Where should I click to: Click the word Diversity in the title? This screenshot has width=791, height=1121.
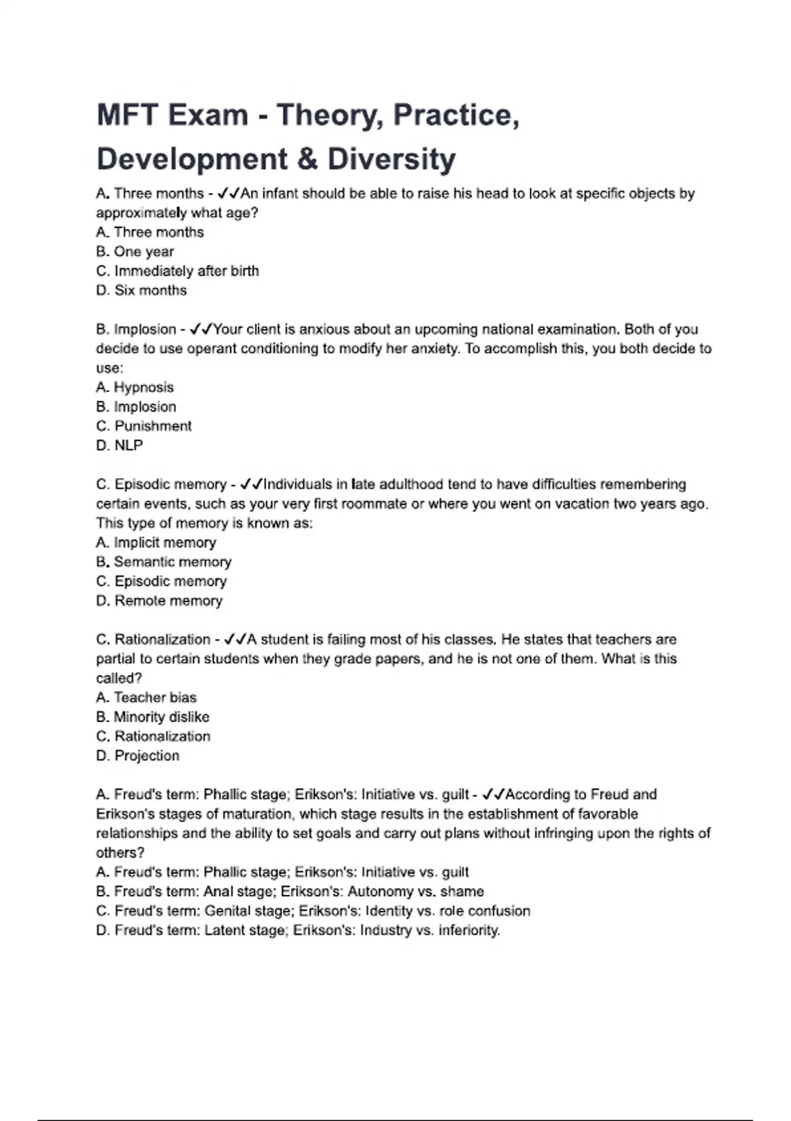click(x=392, y=159)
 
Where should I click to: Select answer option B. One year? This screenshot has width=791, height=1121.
click(x=135, y=251)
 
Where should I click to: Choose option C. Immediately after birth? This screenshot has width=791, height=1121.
click(x=177, y=271)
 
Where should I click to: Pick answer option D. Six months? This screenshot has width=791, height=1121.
click(x=142, y=290)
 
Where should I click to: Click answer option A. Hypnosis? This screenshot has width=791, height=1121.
click(x=135, y=387)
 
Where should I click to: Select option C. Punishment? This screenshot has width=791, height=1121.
click(x=144, y=426)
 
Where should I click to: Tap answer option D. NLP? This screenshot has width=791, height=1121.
click(x=119, y=445)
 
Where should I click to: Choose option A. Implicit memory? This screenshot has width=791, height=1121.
click(x=156, y=542)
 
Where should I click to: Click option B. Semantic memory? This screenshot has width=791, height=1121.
click(x=163, y=562)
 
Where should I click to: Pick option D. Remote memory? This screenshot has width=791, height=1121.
click(x=160, y=601)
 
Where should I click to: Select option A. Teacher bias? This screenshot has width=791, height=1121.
click(x=146, y=697)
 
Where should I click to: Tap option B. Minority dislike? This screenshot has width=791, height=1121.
click(x=153, y=717)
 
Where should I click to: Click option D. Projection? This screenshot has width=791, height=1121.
click(x=138, y=756)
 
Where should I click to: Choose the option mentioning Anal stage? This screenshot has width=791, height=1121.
click(x=290, y=892)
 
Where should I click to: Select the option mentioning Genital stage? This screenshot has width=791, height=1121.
click(x=313, y=911)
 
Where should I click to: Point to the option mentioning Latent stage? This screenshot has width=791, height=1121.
click(x=298, y=930)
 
